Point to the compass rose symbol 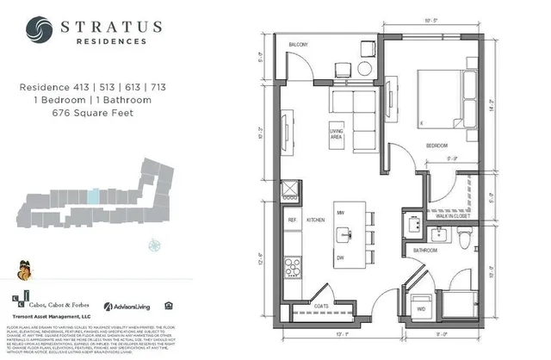coord(155,244)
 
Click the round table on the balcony coord(363,67)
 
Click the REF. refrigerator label coord(293,220)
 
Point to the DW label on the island coord(341,258)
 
